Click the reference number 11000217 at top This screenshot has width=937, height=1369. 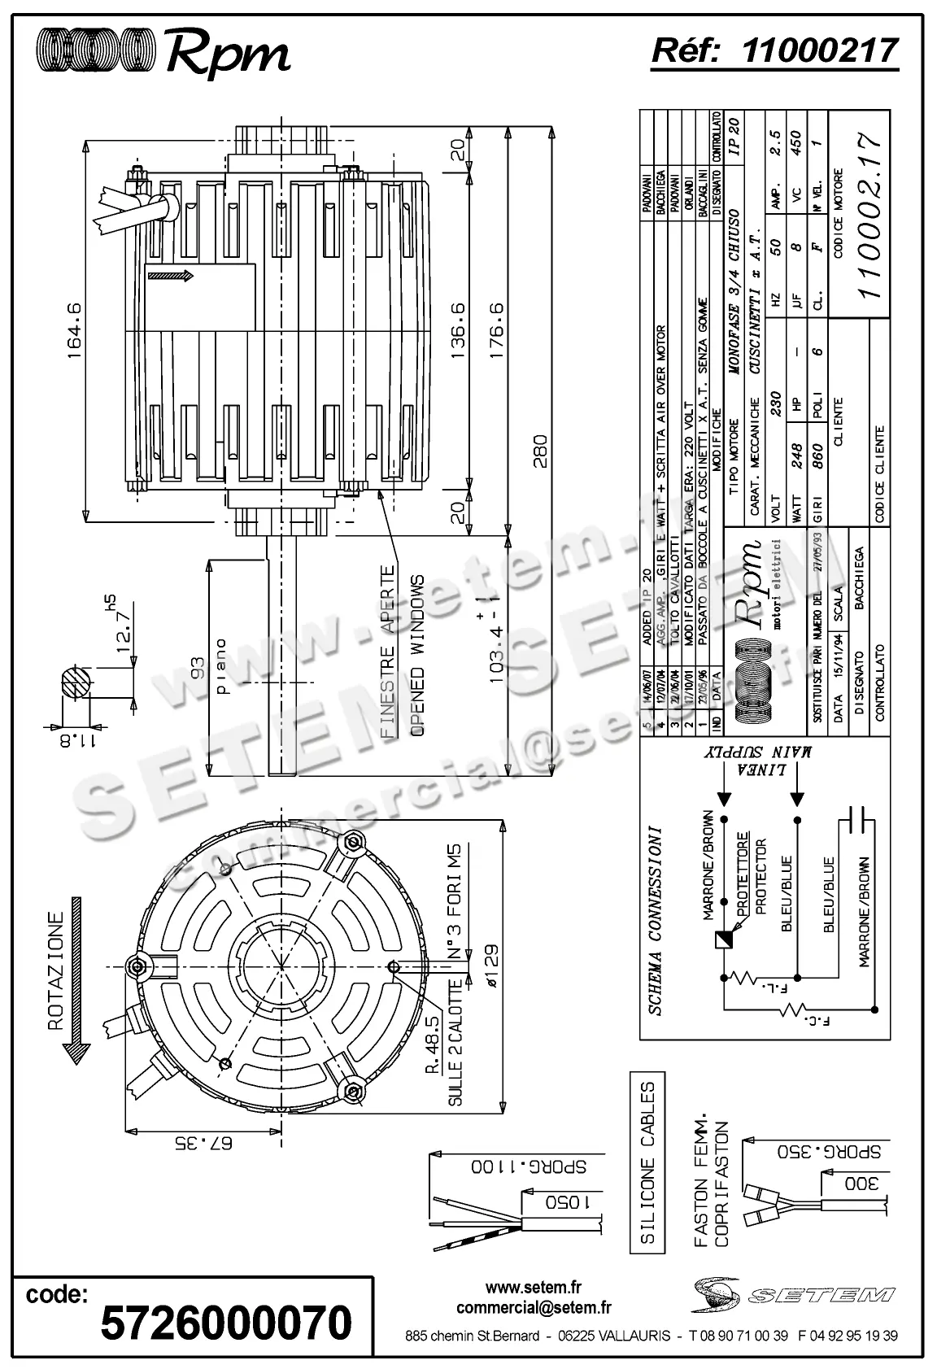(821, 50)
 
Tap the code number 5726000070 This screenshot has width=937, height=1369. (225, 1322)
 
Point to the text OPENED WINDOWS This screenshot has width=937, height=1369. (417, 656)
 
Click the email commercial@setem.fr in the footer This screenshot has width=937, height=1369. (534, 1307)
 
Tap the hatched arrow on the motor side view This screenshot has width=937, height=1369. (172, 277)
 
